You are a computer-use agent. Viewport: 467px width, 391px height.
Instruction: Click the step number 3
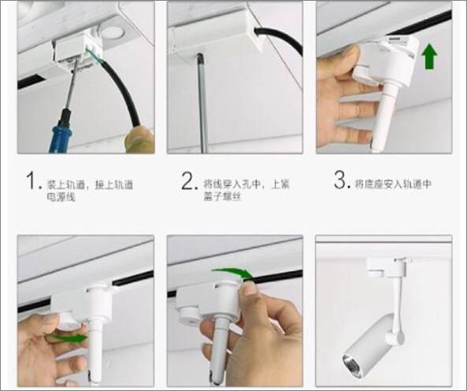pyautogui.click(x=340, y=181)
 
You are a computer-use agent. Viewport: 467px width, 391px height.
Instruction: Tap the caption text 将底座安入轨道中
pyautogui.click(x=393, y=184)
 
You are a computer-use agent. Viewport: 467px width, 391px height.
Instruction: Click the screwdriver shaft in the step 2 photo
pyautogui.click(x=202, y=102)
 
